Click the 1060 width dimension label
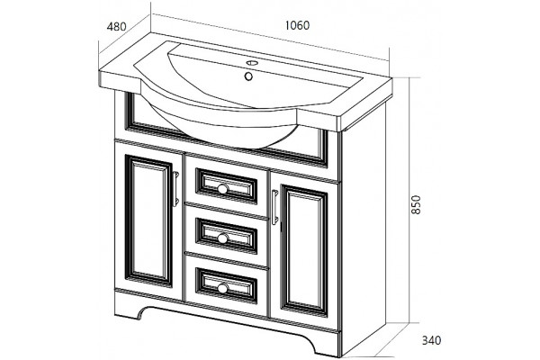pyautogui.click(x=298, y=25)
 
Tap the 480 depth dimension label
pyautogui.click(x=116, y=26)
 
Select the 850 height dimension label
pyautogui.click(x=416, y=204)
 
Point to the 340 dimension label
pyautogui.click(x=431, y=340)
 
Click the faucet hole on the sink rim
pyautogui.click(x=252, y=63)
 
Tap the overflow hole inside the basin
pyautogui.click(x=248, y=76)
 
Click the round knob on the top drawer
pyautogui.click(x=222, y=188)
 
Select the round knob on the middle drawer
pyautogui.click(x=222, y=238)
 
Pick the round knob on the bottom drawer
pyautogui.click(x=222, y=288)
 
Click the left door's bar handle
pyautogui.click(x=175, y=189)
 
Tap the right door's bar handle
pyautogui.click(x=274, y=207)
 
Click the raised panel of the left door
pyautogui.click(x=148, y=220)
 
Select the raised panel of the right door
pyautogui.click(x=304, y=251)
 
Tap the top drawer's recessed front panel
pyautogui.click(x=226, y=186)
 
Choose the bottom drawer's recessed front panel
pyautogui.click(x=226, y=285)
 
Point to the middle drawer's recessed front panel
pyautogui.click(x=226, y=236)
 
